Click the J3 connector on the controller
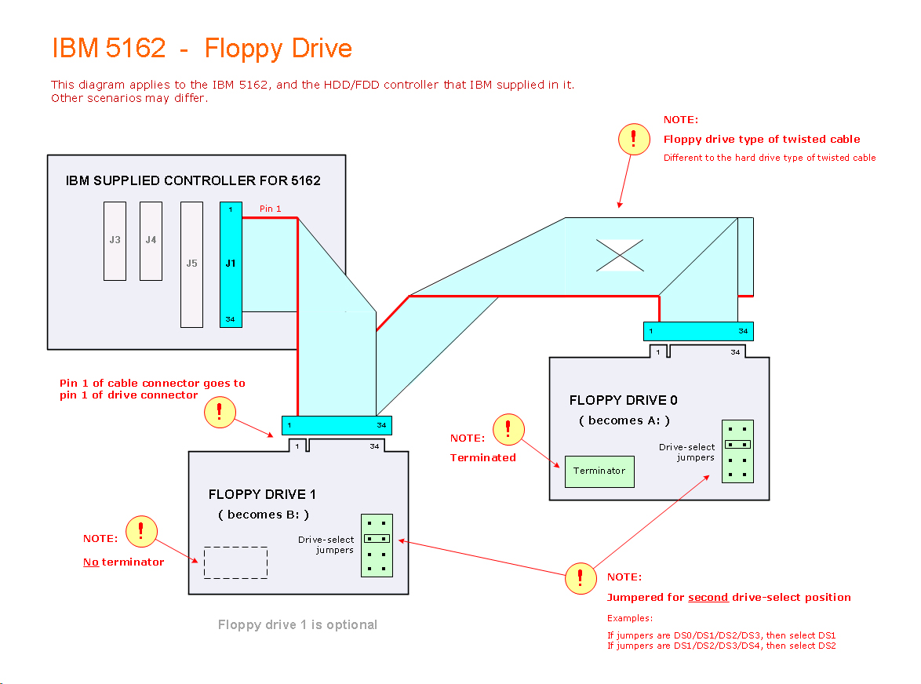[x=115, y=241]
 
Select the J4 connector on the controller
[x=151, y=241]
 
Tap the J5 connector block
[x=191, y=264]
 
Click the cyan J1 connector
[x=231, y=264]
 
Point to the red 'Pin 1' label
[x=270, y=209]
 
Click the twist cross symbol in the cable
[x=620, y=255]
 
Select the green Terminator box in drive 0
[x=599, y=471]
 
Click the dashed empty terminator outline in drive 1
[x=235, y=562]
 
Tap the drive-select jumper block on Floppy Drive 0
[x=737, y=451]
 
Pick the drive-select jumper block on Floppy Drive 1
[x=377, y=545]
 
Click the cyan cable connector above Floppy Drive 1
[x=337, y=425]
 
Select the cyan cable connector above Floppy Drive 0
[x=698, y=331]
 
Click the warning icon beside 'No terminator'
[x=141, y=531]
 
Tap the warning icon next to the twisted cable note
[x=634, y=139]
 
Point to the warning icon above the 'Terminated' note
[x=508, y=428]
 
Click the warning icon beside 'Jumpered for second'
[x=581, y=578]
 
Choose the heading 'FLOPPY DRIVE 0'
[x=623, y=400]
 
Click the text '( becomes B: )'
[x=264, y=515]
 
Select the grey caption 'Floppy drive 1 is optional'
[x=297, y=625]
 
